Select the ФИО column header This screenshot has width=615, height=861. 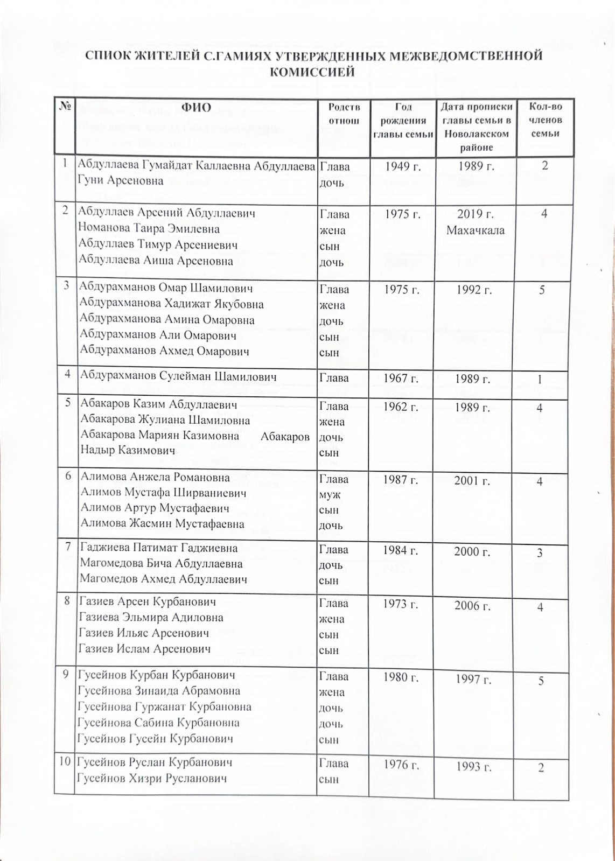(196, 107)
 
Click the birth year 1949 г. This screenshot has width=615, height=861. (402, 166)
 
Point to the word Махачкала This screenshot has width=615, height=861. (475, 230)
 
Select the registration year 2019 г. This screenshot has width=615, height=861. (476, 214)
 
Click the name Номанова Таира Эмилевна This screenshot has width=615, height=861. (149, 229)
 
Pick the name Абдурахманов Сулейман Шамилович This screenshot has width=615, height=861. (178, 376)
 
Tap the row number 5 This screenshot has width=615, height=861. (68, 403)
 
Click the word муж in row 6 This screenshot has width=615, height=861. (330, 494)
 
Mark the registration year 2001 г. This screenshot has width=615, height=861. (472, 480)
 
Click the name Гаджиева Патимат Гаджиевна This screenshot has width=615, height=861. (159, 548)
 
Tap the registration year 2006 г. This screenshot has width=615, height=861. (473, 606)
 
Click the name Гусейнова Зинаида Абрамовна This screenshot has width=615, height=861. (159, 691)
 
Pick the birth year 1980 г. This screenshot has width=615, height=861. (401, 677)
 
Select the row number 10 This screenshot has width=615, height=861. (65, 762)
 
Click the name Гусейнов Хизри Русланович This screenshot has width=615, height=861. (152, 778)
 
